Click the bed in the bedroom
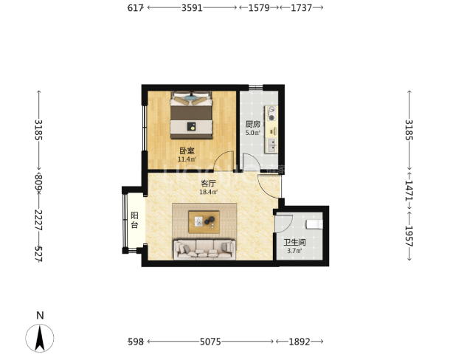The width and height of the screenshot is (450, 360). coord(191,115)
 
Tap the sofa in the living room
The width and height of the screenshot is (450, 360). coord(204,249)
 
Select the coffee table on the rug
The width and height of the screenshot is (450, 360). coord(204,222)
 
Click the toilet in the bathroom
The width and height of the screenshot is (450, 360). coord(314,224)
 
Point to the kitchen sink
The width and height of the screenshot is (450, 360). coord(271,145)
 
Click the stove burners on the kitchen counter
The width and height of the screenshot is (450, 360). coord(271,113)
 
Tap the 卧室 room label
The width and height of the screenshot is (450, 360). coord(187,150)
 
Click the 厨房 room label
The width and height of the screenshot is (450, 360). coord(253,124)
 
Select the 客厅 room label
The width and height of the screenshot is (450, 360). coord(208,183)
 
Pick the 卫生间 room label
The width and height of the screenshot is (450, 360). coord(294,242)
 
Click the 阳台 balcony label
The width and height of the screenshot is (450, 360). coord(134,220)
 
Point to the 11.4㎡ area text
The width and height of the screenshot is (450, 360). coord(187,159)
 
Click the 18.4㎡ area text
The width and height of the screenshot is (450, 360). coord(208,192)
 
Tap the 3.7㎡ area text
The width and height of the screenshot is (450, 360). coord(294,251)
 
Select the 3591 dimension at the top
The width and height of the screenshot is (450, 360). coord(192,8)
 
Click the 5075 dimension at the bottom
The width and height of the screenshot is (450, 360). coord(210,342)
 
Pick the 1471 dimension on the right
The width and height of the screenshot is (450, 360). coord(409,190)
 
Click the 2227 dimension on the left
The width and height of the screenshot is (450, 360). coord(38,220)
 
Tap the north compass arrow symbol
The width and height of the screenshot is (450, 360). coord(40,338)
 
